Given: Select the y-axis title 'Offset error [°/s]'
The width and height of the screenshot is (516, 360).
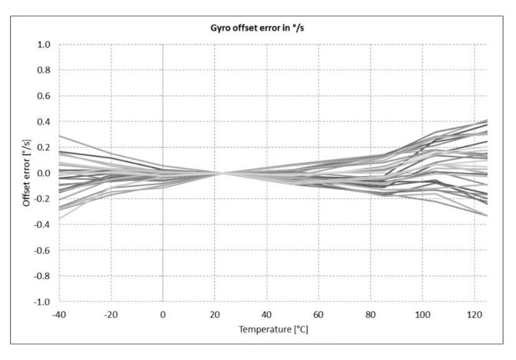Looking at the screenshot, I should coord(27,173).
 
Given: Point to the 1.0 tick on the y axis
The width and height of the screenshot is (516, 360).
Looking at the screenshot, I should coord(44,45).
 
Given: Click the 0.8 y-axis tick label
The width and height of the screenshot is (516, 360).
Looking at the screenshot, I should coord(44,71).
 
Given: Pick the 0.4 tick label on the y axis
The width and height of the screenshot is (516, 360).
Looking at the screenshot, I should coord(44,122).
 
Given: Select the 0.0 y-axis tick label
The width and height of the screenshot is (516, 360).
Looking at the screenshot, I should coord(44,173).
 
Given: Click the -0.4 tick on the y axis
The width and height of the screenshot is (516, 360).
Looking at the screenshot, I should coord(42,224).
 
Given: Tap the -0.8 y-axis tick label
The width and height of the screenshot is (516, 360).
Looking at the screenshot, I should coord(42,276).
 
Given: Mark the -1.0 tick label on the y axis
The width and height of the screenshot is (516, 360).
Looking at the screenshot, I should coord(42,302).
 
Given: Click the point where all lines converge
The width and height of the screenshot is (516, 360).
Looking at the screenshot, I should coord(222,173).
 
